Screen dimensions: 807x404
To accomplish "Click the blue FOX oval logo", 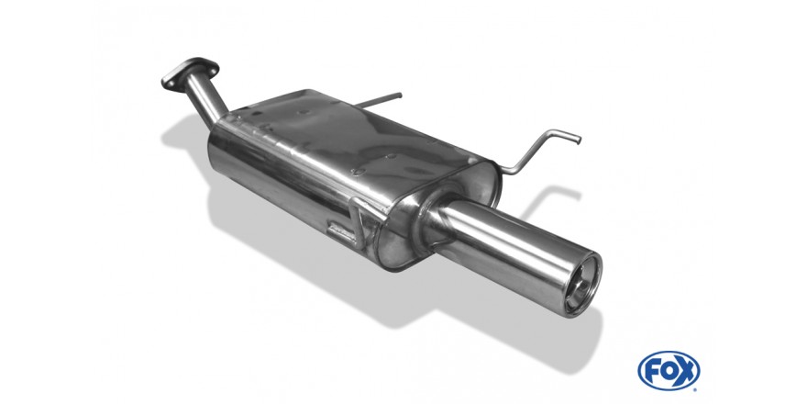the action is pyautogui.click(x=669, y=371).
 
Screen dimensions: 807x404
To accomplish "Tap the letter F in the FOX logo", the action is pyautogui.click(x=653, y=371).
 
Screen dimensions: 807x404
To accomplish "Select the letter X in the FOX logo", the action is pyautogui.click(x=686, y=371).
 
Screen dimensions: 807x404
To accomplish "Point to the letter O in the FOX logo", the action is pyautogui.click(x=669, y=371).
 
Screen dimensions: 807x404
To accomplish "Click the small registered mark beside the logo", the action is pyautogui.click(x=696, y=389).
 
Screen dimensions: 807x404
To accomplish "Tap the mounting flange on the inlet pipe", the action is pyautogui.click(x=190, y=73).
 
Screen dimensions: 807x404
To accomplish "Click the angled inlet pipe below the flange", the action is pyautogui.click(x=207, y=100).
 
